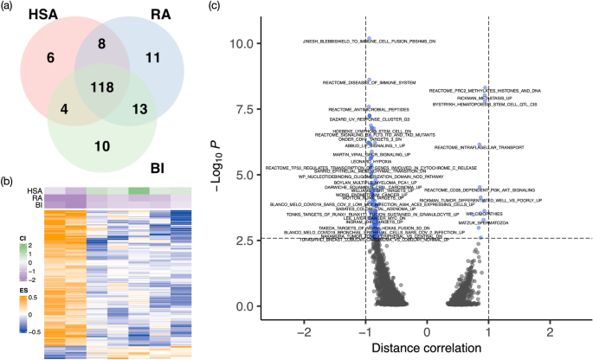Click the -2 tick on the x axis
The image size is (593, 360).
(x=304, y=331)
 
